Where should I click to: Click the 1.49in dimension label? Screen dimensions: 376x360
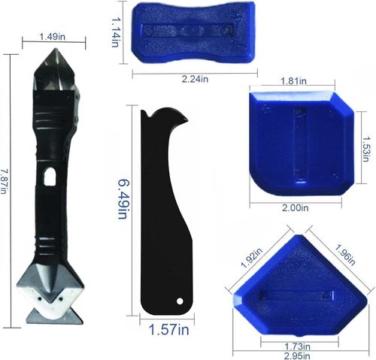53,37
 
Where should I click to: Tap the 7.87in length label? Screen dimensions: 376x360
3,182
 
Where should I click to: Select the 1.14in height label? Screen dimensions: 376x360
115,32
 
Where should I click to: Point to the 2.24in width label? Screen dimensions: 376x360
195,79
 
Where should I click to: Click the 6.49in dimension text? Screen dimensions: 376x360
123,199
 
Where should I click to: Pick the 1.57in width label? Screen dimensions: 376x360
168,329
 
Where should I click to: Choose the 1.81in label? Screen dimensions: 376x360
293,81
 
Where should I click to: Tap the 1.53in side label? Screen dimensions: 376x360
365,149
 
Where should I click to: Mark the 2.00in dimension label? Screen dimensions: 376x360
296,207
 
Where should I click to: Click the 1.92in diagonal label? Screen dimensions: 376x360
251,258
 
